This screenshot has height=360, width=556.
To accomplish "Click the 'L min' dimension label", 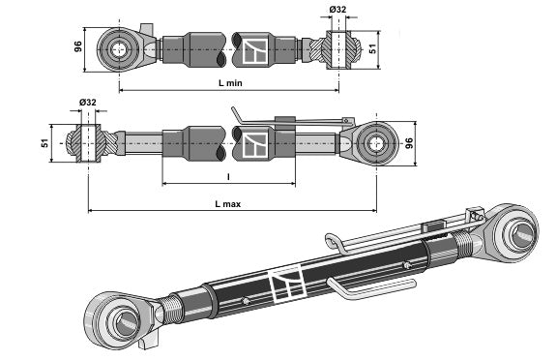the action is coord(230,83).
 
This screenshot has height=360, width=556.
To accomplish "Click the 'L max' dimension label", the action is coord(228,204).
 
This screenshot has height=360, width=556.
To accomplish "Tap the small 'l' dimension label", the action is coord(228,176).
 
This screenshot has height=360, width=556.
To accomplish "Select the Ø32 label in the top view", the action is coord(337,10).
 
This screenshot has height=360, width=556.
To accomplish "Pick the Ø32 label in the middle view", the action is coord(88,103).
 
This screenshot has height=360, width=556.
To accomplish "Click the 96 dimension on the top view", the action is coord(78,46).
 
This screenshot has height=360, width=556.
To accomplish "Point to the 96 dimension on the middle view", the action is coord(409,143).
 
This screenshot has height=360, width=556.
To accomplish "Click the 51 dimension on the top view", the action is coord(372,49).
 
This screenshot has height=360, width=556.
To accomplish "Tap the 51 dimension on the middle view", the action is coord(44,143).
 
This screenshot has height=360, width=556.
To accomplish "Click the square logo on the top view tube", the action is coord(255,51).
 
